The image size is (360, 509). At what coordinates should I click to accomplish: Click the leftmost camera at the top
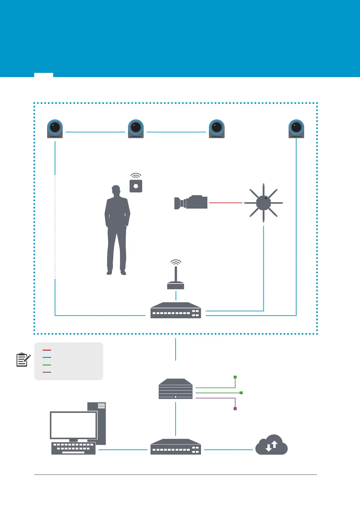pyautogui.click(x=55, y=128)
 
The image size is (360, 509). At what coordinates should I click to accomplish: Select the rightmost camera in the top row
pyautogui.click(x=296, y=128)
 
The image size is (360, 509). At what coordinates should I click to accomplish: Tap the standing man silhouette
pyautogui.click(x=117, y=230)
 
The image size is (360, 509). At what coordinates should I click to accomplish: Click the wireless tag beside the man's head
pyautogui.click(x=136, y=185)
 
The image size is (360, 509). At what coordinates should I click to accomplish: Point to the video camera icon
pyautogui.click(x=191, y=202)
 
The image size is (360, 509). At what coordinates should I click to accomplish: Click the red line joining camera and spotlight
pyautogui.click(x=225, y=203)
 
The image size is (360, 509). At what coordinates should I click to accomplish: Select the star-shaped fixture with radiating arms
pyautogui.click(x=263, y=203)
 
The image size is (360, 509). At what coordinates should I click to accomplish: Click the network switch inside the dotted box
pyautogui.click(x=176, y=310)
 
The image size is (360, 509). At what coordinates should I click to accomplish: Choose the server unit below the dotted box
pyautogui.click(x=176, y=389)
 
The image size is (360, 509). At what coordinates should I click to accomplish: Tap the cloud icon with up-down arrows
pyautogui.click(x=271, y=445)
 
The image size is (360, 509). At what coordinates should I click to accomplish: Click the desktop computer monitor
pyautogui.click(x=73, y=425)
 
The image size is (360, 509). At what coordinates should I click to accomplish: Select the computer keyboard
pyautogui.click(x=73, y=448)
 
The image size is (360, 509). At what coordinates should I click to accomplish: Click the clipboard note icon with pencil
pyautogui.click(x=23, y=360)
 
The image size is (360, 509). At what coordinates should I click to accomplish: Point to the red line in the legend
pyautogui.click(x=47, y=350)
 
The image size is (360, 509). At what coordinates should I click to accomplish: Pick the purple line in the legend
pyautogui.click(x=47, y=372)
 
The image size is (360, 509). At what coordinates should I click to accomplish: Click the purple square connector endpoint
pyautogui.click(x=235, y=409)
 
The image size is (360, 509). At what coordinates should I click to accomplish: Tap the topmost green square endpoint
pyautogui.click(x=235, y=377)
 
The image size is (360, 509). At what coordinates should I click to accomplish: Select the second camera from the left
pyautogui.click(x=136, y=128)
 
